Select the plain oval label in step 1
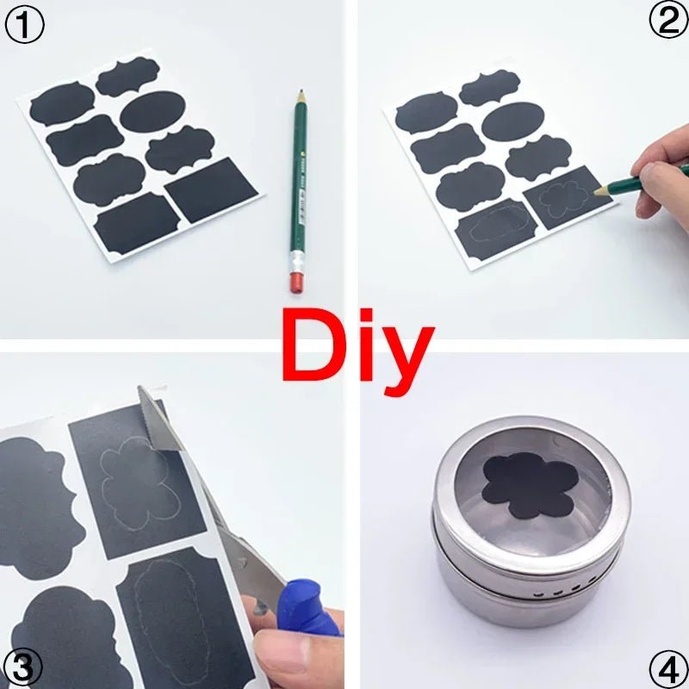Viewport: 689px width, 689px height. click(x=152, y=112)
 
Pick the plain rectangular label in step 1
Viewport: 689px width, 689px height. click(x=212, y=189)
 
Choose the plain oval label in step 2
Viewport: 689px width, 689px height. click(x=512, y=122)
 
